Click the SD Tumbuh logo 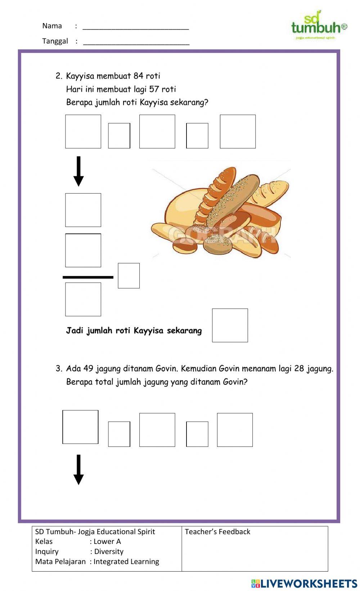click(x=319, y=26)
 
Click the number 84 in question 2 click(x=138, y=76)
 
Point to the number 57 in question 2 click(x=154, y=89)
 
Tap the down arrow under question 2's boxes click(x=78, y=171)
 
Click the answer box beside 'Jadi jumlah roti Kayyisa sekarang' click(x=230, y=325)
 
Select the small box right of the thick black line click(x=129, y=276)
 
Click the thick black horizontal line click(x=88, y=277)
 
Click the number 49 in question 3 click(x=88, y=369)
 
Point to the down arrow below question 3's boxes click(x=78, y=469)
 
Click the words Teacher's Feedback click(x=217, y=532)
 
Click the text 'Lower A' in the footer click(x=107, y=541)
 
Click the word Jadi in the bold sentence click(x=74, y=331)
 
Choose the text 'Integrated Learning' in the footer click(x=126, y=562)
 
